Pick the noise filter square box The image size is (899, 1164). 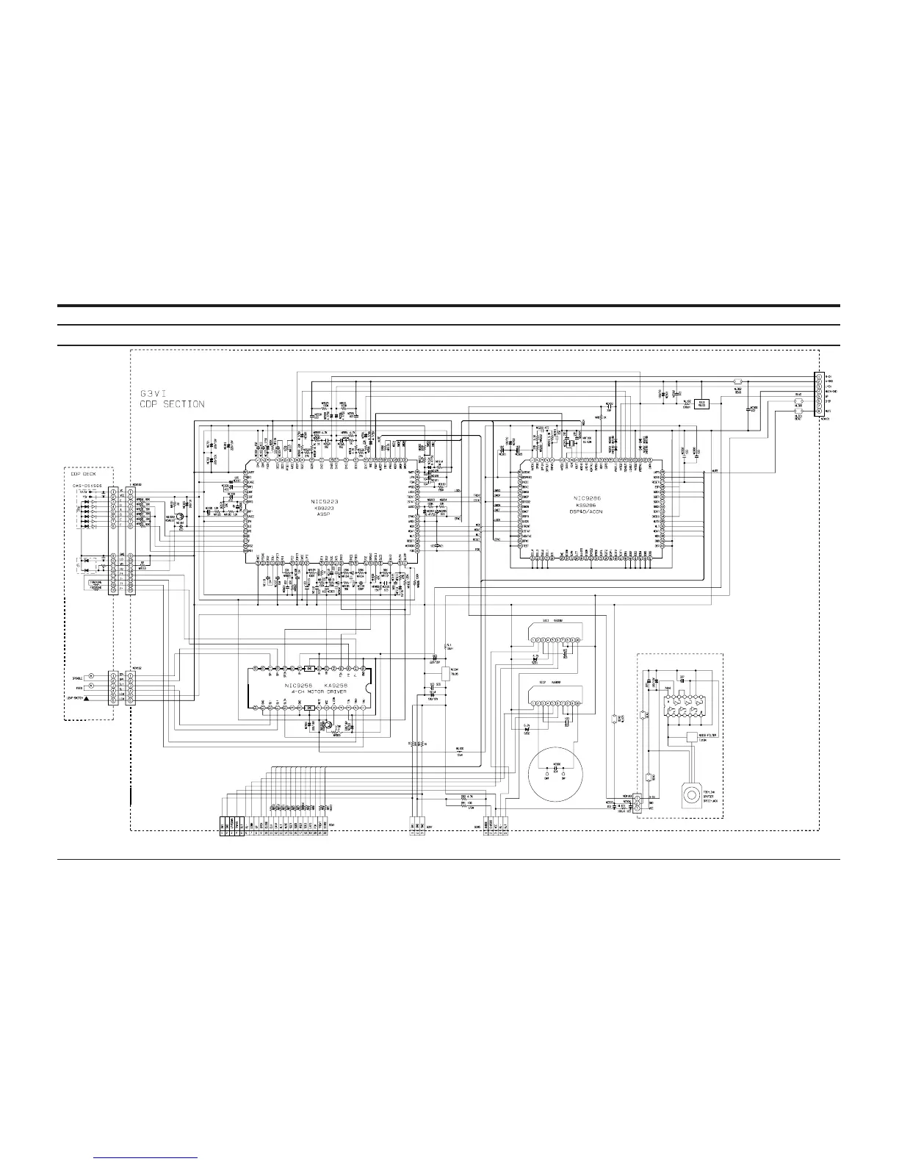click(692, 736)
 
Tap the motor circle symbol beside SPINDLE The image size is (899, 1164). click(92, 675)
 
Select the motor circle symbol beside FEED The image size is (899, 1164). click(92, 686)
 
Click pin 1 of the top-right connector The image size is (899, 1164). click(819, 377)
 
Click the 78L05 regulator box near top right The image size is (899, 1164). click(702, 403)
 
